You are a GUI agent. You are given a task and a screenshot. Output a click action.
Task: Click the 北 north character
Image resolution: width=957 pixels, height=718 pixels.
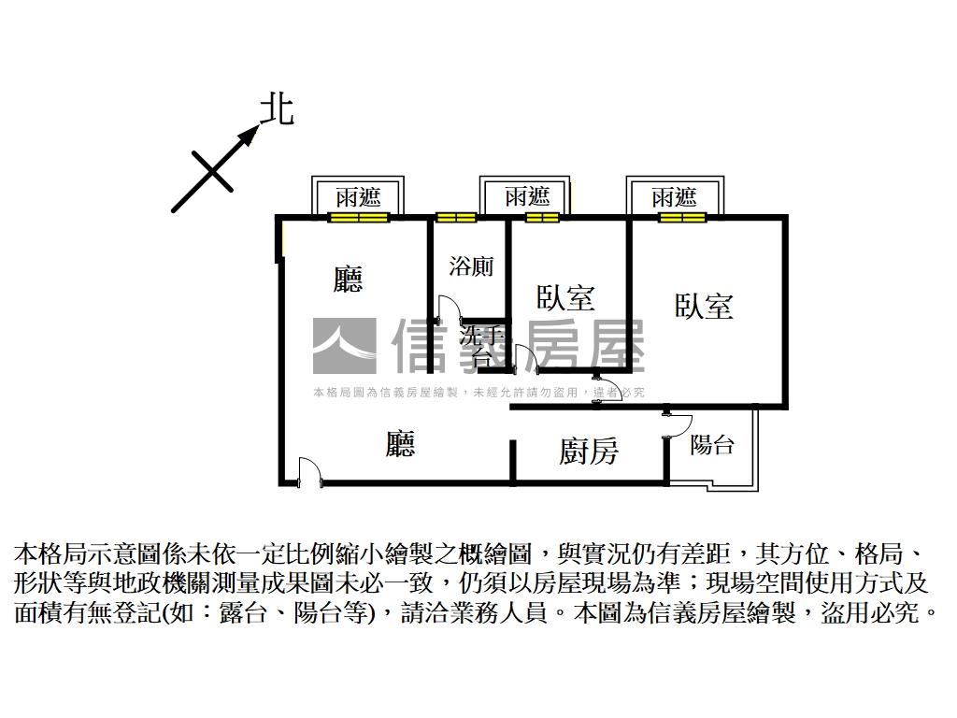(277, 109)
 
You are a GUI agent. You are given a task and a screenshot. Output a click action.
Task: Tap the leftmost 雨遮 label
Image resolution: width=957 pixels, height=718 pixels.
(359, 197)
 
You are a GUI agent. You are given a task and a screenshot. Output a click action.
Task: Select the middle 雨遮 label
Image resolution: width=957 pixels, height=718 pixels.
(527, 197)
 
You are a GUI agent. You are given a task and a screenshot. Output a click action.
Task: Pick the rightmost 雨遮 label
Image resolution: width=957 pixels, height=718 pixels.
(674, 197)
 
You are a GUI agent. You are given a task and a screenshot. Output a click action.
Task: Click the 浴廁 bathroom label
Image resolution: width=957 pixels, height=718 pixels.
(471, 266)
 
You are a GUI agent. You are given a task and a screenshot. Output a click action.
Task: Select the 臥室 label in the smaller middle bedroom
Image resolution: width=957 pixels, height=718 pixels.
(565, 297)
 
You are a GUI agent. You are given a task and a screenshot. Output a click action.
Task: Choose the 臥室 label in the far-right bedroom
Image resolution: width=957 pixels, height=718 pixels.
(704, 307)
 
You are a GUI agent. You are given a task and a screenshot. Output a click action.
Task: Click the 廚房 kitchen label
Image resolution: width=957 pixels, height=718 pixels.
(589, 452)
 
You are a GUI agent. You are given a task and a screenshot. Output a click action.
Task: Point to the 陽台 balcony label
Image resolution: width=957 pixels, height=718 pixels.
(711, 445)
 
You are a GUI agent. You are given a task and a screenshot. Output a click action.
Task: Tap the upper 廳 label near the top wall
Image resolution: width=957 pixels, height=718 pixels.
(348, 279)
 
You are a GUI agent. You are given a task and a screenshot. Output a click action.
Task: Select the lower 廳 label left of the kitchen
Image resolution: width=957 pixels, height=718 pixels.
(400, 444)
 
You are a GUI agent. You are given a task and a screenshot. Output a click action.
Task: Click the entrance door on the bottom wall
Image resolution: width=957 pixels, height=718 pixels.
(307, 472)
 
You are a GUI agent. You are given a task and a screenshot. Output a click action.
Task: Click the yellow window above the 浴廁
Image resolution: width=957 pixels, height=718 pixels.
(456, 218)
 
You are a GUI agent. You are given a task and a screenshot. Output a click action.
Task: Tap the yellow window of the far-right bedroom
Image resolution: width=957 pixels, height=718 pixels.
(681, 218)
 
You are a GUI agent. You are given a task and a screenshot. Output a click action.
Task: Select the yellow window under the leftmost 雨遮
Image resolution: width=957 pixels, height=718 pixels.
(358, 218)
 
